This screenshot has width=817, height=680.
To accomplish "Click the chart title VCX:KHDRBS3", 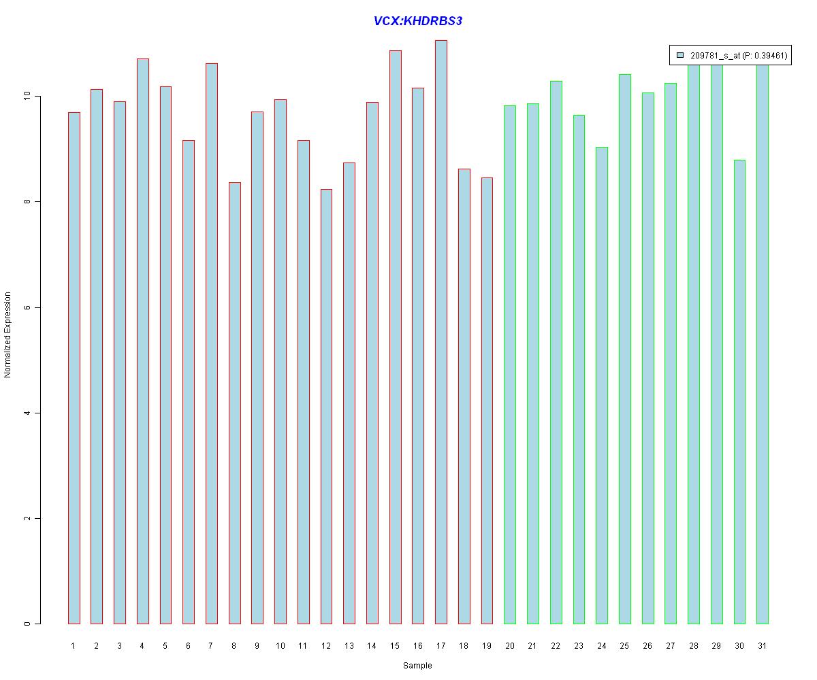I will click(x=418, y=21).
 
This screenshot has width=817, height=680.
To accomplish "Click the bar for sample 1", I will click(x=74, y=368).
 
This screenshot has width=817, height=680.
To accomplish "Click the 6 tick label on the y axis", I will click(x=28, y=307).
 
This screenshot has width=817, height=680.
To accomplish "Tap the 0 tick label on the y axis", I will click(x=28, y=624).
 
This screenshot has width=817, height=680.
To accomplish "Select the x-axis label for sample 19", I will click(x=487, y=646).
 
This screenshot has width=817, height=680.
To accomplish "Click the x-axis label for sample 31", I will click(x=763, y=646).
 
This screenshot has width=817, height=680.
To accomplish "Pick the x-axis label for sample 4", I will click(x=142, y=646).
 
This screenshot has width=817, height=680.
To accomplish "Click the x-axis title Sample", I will click(x=417, y=666).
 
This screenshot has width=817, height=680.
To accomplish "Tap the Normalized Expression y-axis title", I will click(x=8, y=335).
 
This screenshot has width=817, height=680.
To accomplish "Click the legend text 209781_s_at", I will click(x=714, y=56).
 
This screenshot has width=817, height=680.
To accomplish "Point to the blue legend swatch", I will click(x=679, y=56).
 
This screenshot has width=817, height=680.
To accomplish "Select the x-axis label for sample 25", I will click(x=624, y=646).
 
